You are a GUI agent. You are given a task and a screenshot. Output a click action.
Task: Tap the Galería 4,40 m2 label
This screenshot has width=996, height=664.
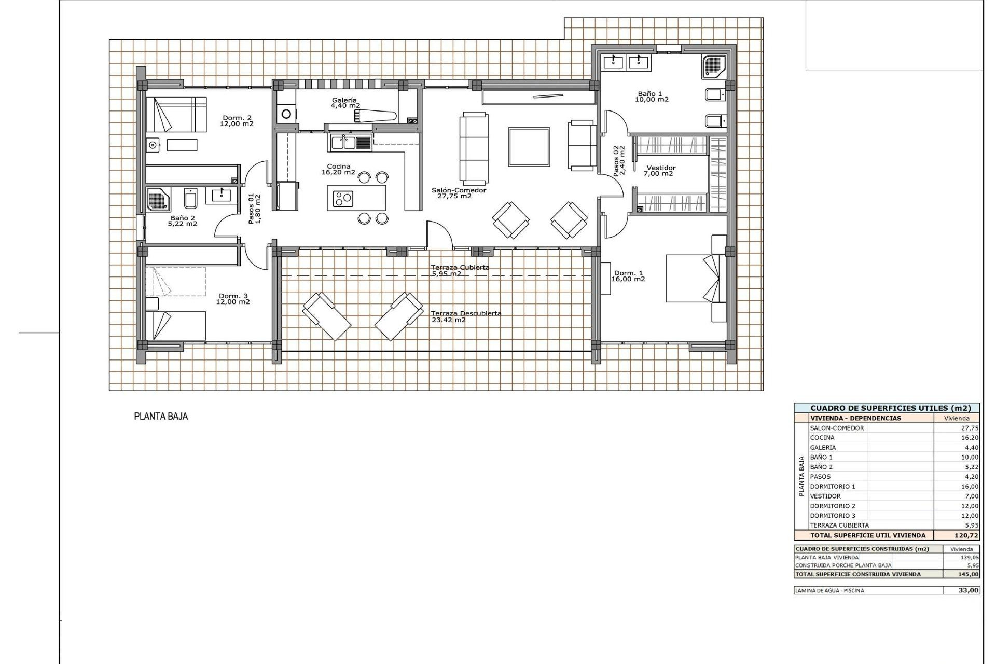click(345, 103)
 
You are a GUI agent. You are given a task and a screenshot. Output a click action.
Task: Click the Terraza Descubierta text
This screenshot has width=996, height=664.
click(465, 314)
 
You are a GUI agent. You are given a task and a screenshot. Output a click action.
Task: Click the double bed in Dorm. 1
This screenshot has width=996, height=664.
click(692, 278)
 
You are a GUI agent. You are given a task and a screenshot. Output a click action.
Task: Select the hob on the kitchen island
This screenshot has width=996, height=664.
click(343, 198)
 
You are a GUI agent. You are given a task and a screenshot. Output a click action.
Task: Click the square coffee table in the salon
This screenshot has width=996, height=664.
click(529, 147)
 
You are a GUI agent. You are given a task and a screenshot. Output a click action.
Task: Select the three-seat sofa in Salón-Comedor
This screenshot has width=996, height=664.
click(474, 148)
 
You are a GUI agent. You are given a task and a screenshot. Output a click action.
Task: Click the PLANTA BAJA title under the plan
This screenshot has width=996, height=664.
click(161, 416)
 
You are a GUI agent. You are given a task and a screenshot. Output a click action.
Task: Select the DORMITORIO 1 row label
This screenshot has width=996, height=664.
click(832, 486)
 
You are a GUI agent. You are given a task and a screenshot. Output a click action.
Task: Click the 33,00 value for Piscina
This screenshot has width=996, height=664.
click(969, 590)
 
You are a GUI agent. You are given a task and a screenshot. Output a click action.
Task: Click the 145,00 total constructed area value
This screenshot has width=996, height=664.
click(969, 574)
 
